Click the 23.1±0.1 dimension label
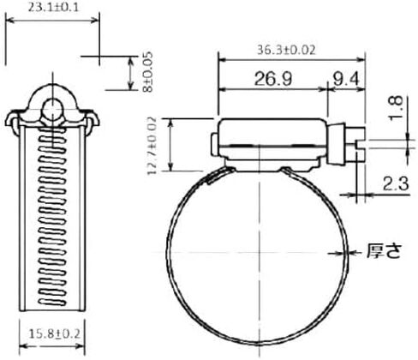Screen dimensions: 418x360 pyautogui.click(x=53, y=8)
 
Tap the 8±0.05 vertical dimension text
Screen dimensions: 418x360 pyautogui.click(x=148, y=72)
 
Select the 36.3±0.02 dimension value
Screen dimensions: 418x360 pyautogui.click(x=286, y=50)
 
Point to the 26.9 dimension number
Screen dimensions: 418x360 pyautogui.click(x=273, y=79)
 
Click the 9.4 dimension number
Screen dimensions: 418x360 pyautogui.click(x=345, y=79)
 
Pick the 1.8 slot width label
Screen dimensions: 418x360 pyautogui.click(x=397, y=108)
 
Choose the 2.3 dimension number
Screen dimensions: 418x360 pyautogui.click(x=396, y=183)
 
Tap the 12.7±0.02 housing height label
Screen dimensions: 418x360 pyautogui.click(x=152, y=146)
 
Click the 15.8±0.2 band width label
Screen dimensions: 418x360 pyautogui.click(x=54, y=333)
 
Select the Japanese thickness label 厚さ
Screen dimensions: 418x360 pyautogui.click(x=384, y=251)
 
